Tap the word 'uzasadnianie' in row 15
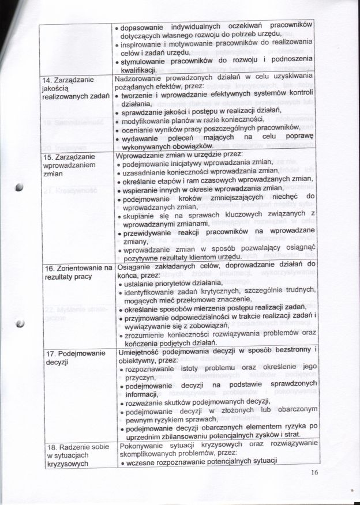point(146,172)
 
